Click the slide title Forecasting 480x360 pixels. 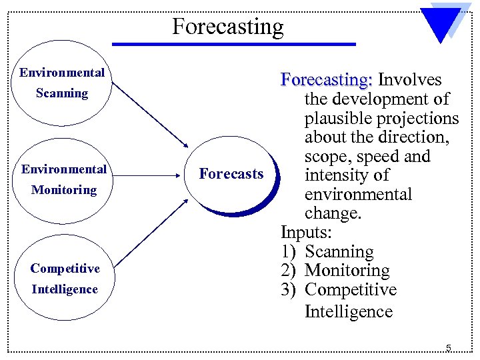227,27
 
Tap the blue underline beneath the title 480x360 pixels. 233,45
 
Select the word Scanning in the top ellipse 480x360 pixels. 62,93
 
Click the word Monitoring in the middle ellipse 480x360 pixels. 64,190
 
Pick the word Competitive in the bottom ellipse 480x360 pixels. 65,269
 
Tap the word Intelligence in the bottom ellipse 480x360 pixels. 64,289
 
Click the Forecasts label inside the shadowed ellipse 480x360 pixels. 231,174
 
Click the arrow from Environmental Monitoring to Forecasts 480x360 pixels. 145,176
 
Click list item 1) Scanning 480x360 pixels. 327,252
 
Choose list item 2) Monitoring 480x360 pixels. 335,271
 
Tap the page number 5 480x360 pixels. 449,347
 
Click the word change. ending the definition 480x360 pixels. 333,214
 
